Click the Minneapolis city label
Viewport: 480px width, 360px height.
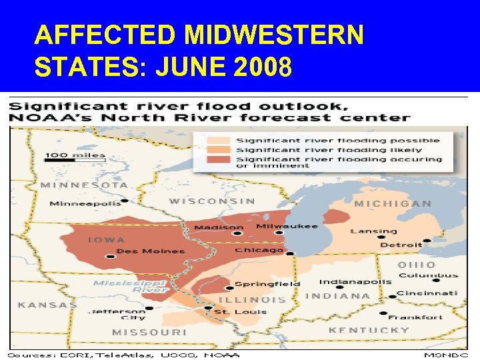85,203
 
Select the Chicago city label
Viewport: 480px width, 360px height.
259,250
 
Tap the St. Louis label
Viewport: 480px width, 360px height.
232,311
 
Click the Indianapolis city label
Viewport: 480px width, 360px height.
355,281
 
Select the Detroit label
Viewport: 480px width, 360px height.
401,245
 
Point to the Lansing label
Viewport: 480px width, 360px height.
373,231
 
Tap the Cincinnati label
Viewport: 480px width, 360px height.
427,293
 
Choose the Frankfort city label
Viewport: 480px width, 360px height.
415,317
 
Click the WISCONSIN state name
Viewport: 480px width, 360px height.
212,201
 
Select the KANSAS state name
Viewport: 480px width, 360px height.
47,305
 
